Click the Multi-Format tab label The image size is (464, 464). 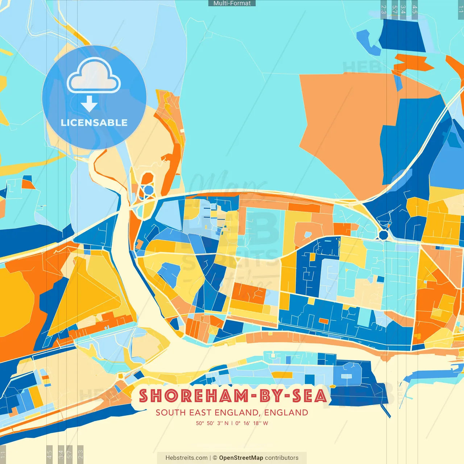click(x=232, y=3)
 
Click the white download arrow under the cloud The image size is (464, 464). click(x=89, y=104)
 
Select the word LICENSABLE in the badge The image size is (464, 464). click(x=94, y=123)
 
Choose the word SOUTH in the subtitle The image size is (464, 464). click(x=170, y=413)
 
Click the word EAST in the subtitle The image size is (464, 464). click(x=200, y=413)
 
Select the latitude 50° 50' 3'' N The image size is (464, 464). click(x=212, y=423)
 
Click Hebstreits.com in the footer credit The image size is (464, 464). click(x=186, y=458)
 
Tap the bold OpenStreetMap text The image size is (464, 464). click(x=241, y=458)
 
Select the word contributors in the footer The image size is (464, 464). click(x=282, y=458)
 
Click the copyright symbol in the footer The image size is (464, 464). click(x=215, y=458)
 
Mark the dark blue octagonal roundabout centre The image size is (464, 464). click(x=384, y=235)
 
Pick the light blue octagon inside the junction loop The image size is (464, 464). click(x=149, y=190)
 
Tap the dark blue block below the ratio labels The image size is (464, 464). click(x=402, y=36)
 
